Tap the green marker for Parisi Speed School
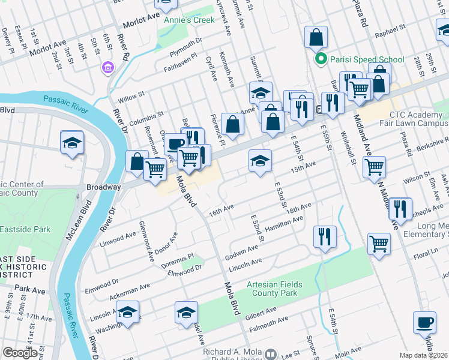coord(321,59)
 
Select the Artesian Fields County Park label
coord(274,289)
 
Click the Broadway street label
coord(103,187)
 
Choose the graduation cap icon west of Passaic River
coord(72,143)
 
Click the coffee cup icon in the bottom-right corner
coord(424,322)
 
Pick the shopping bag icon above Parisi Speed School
coord(316,38)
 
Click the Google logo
coord(20,353)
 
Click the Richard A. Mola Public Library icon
coord(270,354)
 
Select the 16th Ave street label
coord(220,209)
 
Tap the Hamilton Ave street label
coord(284,224)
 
